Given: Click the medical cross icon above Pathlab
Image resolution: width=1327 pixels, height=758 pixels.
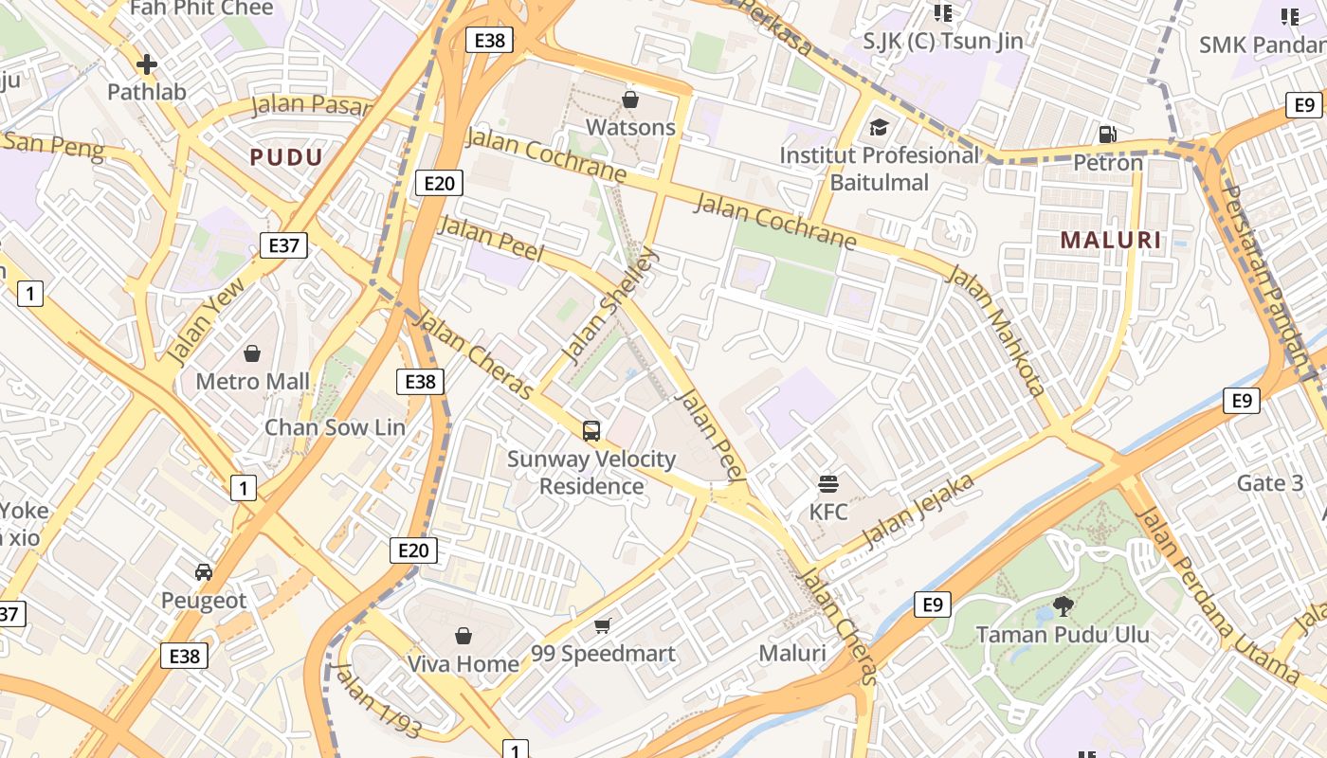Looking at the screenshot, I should [146, 64].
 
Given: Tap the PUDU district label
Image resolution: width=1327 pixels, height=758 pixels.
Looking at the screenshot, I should [286, 157].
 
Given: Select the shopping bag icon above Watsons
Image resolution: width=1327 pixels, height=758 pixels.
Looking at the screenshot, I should [630, 99].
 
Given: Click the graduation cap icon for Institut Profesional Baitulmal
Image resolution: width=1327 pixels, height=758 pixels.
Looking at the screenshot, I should [880, 127].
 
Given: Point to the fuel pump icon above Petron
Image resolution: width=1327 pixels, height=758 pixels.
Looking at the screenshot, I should [1107, 135].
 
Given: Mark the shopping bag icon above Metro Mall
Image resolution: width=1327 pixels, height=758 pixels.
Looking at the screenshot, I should [252, 353].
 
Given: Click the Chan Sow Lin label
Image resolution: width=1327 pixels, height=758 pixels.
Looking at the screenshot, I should [335, 427].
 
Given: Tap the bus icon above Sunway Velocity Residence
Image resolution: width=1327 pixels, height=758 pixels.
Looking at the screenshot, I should [591, 431].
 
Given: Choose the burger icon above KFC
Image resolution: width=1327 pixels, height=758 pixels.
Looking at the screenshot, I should [827, 484].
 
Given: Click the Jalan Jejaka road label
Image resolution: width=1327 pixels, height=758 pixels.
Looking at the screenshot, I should [918, 511].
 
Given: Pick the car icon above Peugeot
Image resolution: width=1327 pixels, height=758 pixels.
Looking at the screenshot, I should [203, 572].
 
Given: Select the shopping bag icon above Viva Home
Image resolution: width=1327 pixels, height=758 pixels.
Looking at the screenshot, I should [464, 636].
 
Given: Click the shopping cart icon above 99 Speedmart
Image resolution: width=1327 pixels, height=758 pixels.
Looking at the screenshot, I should [603, 625].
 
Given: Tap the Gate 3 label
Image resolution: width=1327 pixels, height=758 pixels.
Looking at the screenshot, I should [1269, 483].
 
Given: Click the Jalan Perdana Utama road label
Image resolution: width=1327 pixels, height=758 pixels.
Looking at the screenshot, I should [1217, 596].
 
